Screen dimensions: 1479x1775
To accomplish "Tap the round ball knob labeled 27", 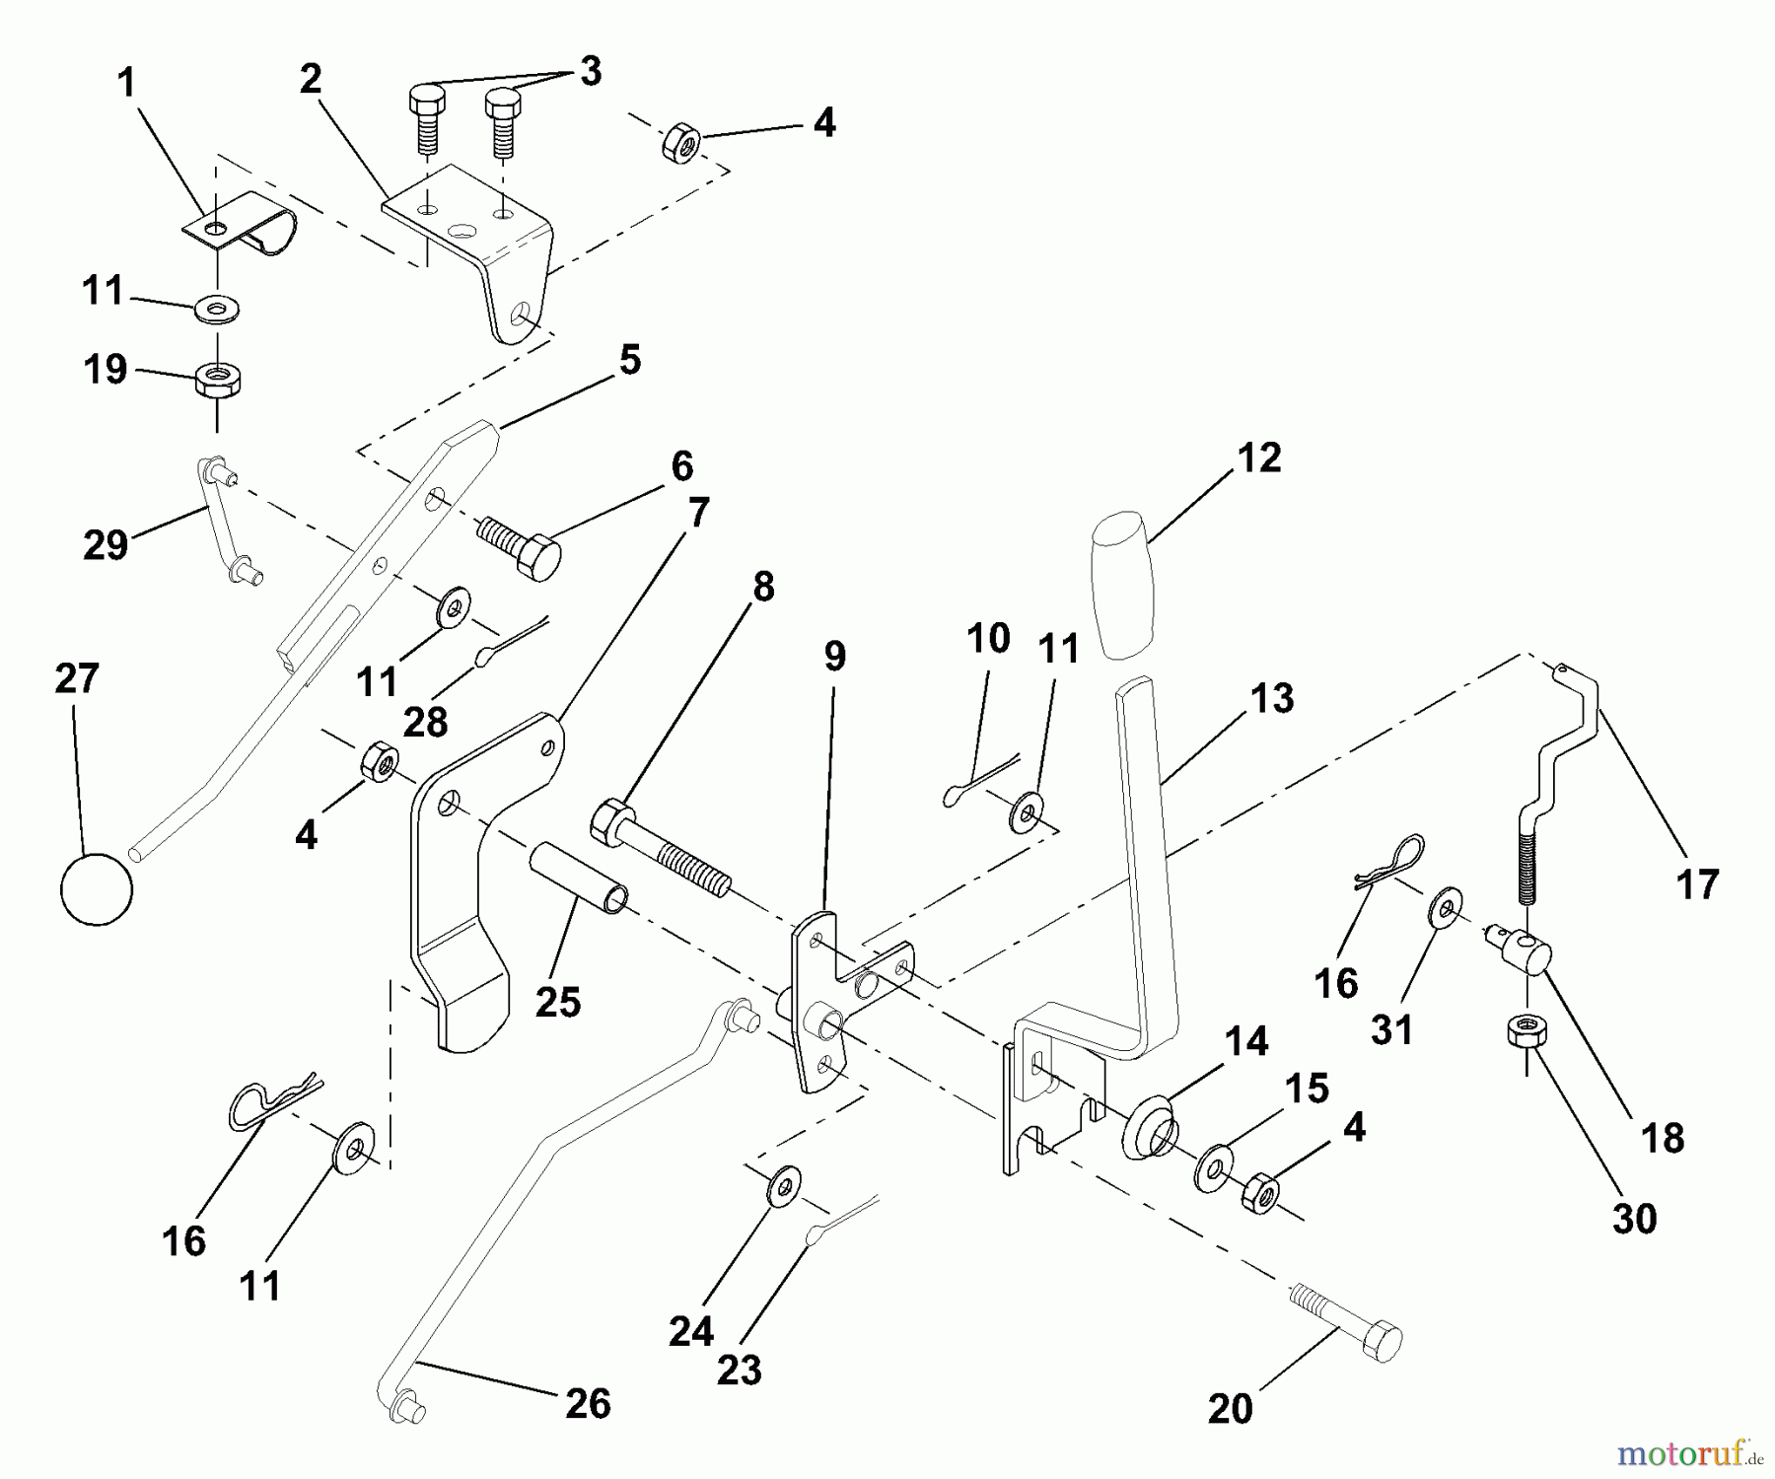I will coord(97,887).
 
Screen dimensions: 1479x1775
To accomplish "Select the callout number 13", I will coord(1271,698).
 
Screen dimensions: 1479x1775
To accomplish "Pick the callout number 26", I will coord(588,1403).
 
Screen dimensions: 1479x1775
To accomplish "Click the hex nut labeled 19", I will coord(219,380).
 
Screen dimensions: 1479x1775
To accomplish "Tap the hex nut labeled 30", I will coord(1526,1035).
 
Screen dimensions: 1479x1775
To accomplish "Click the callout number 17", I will coord(1697,883).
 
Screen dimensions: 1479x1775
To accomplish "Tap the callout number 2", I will coord(311,80).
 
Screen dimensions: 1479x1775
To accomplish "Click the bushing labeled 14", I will coord(1148,1126).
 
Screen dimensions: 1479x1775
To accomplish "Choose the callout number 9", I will coord(834,656).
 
